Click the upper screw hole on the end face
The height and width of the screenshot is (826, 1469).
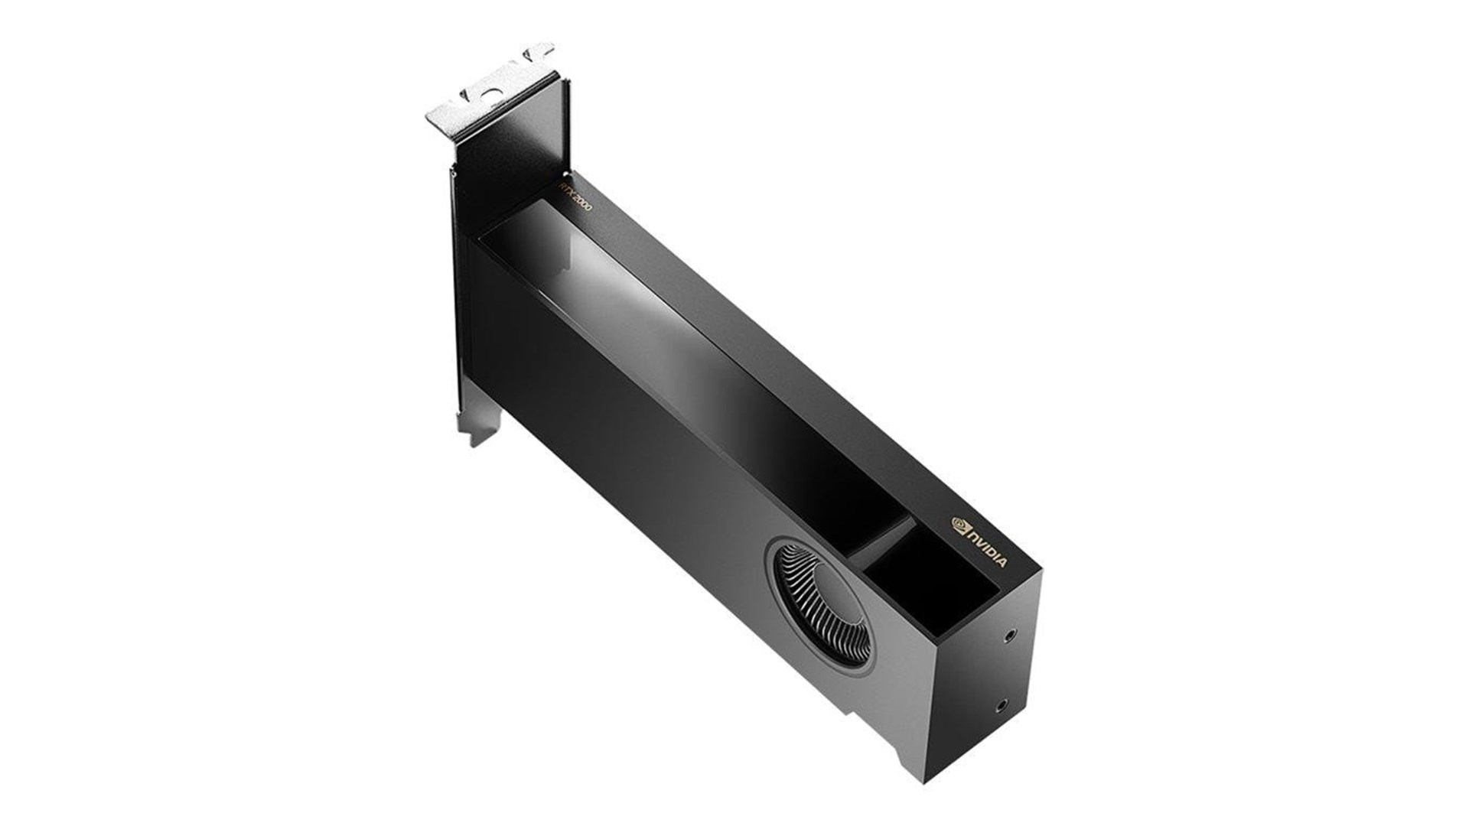(x=1012, y=613)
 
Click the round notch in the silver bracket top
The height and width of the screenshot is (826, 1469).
(x=492, y=92)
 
